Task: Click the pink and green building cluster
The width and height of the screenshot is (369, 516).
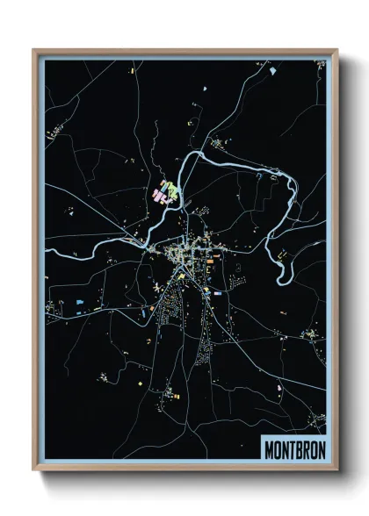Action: [x=164, y=192]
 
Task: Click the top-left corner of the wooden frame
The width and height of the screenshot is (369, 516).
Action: [x=34, y=51]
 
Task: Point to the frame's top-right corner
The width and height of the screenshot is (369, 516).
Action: [x=336, y=51]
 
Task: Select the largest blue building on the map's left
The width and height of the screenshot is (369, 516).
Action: [x=80, y=301]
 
